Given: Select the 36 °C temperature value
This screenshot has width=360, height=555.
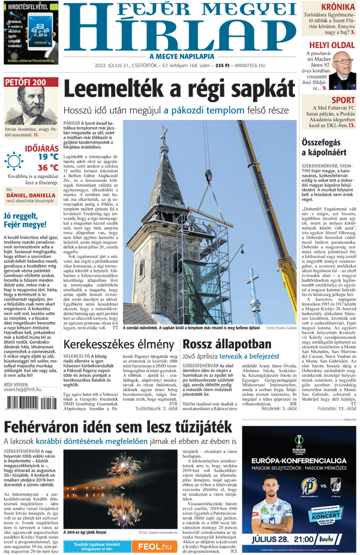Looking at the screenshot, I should click(x=48, y=167).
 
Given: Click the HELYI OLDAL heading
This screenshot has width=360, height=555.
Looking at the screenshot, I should click(x=332, y=46).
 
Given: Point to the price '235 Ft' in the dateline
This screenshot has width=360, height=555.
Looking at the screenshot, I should click(x=224, y=65).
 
